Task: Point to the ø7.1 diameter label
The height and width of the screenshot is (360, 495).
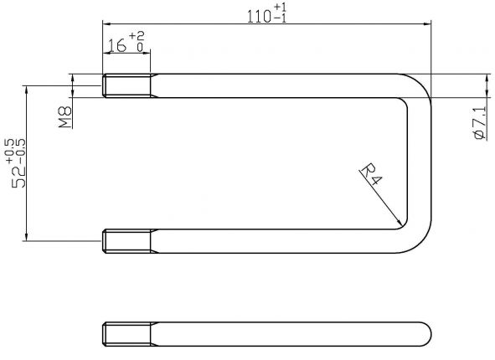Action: pyautogui.click(x=479, y=122)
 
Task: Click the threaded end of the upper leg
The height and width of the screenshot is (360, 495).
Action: pyautogui.click(x=126, y=85)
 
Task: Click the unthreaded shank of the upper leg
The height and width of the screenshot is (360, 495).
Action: pyautogui.click(x=276, y=85)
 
